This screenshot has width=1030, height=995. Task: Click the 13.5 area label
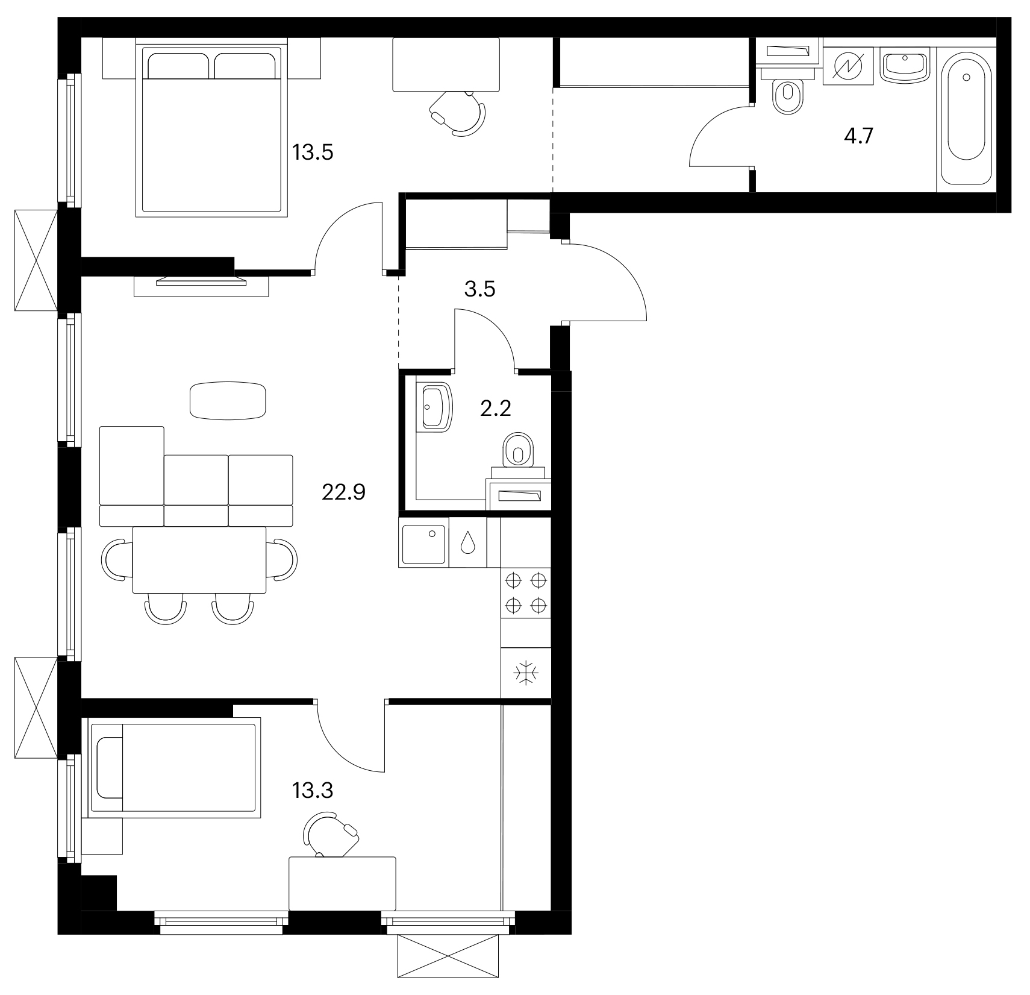[313, 152]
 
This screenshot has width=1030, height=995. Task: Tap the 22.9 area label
[344, 493]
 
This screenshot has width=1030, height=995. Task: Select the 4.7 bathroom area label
[858, 137]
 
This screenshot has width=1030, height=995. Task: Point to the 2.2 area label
[496, 409]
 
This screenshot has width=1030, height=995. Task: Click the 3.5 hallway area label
[479, 289]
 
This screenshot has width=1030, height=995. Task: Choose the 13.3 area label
[313, 790]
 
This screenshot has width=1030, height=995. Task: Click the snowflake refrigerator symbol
[526, 673]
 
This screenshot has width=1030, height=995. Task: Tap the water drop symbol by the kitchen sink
[468, 542]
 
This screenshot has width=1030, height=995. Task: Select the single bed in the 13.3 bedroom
[175, 767]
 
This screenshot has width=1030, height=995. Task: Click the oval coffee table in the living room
[228, 400]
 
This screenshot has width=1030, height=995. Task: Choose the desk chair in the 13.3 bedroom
[331, 834]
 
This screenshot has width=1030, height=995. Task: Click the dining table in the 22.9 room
[199, 560]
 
